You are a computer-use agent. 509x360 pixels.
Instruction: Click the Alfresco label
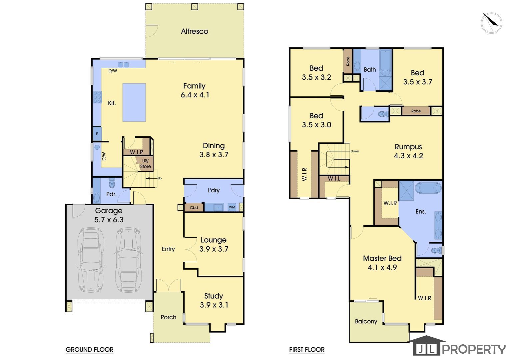(195, 31)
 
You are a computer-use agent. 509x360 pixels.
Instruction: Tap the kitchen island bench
(134, 102)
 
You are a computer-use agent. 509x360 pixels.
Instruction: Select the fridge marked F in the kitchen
(97, 134)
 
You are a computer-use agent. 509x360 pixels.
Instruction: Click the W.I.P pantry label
(136, 152)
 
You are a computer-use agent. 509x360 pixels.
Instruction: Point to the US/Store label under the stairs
(146, 164)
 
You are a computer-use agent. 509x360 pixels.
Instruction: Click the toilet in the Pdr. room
(112, 183)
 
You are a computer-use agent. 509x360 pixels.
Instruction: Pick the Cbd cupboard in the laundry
(194, 207)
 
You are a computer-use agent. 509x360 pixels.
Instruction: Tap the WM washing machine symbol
(232, 207)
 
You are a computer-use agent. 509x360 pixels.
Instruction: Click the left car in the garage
(91, 259)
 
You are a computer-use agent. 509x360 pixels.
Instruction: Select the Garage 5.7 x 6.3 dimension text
(109, 220)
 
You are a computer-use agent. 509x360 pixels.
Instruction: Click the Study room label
(214, 296)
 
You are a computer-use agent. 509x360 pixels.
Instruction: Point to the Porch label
(168, 317)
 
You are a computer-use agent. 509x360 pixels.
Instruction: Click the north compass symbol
(491, 23)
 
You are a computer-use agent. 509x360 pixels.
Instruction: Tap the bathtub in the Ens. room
(428, 188)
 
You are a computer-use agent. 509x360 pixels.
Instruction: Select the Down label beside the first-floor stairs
(355, 151)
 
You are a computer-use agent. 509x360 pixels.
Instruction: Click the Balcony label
(366, 321)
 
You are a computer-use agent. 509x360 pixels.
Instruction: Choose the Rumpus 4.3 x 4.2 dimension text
(408, 156)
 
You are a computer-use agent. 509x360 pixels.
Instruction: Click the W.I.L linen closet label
(334, 179)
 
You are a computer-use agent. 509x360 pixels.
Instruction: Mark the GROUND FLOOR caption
(90, 350)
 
